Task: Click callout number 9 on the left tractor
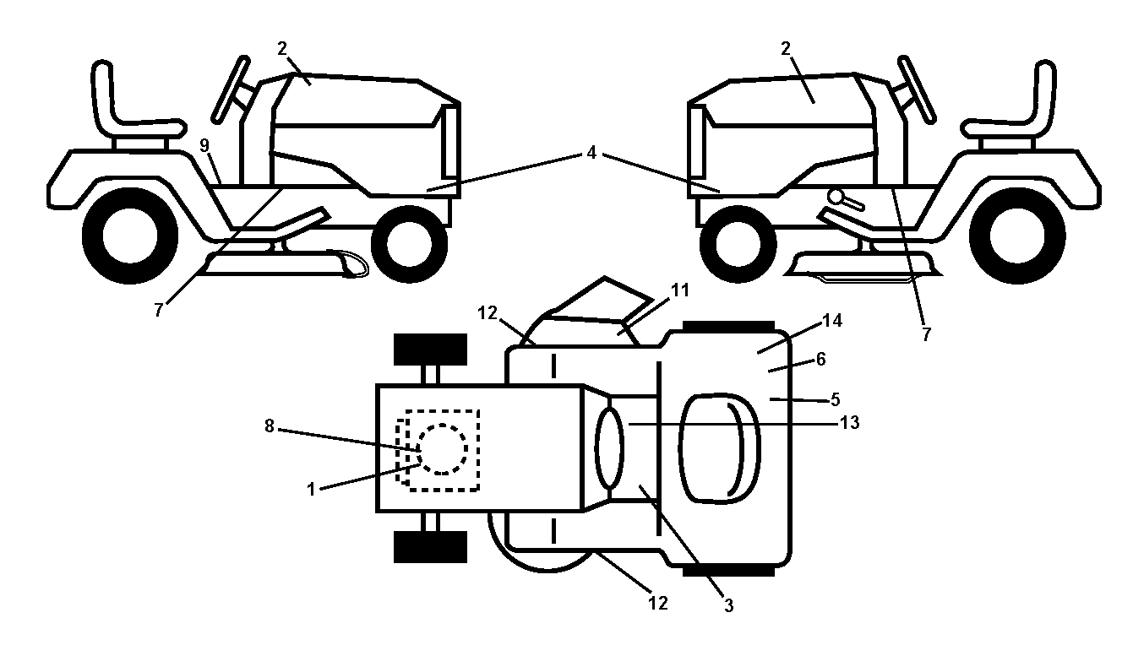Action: (x=204, y=145)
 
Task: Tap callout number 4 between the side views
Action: (x=591, y=153)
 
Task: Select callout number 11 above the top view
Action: (x=680, y=290)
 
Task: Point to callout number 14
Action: (x=832, y=321)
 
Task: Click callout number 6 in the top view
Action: (x=820, y=360)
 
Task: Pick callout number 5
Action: (x=835, y=399)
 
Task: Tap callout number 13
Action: (x=849, y=422)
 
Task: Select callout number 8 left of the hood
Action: (x=269, y=426)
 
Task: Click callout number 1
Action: (x=311, y=489)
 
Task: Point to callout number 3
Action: (x=728, y=605)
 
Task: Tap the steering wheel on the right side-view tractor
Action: (x=916, y=89)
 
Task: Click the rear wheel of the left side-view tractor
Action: (x=130, y=236)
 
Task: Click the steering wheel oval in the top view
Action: (x=610, y=449)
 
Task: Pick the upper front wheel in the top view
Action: (x=430, y=350)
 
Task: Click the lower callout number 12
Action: (x=658, y=603)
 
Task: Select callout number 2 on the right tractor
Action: (x=785, y=48)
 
